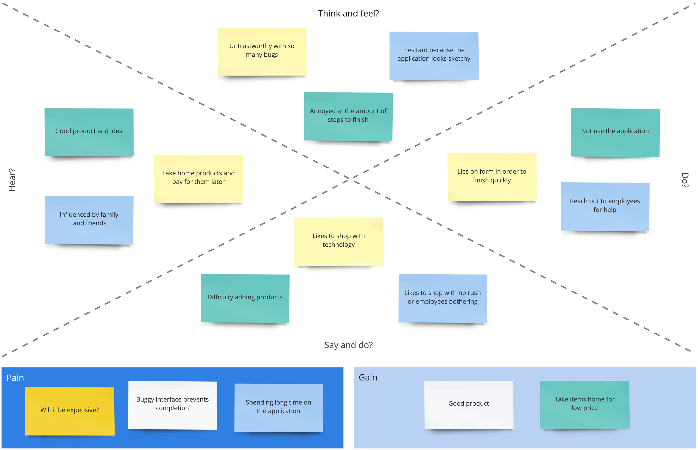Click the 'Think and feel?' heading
point(348,14)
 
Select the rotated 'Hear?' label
point(12,180)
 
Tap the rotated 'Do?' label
point(685,180)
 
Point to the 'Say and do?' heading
point(348,345)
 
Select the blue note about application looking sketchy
point(434,56)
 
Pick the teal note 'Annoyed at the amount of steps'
point(348,116)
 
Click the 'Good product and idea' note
point(89,132)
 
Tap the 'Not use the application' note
point(615,132)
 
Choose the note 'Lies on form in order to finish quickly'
point(492,177)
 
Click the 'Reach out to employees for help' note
point(605,206)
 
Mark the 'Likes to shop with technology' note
point(339,241)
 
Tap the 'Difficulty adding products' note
point(245,298)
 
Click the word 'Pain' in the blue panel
point(15,378)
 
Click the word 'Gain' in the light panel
point(368,378)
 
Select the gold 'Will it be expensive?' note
point(70,411)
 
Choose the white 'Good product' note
point(468,404)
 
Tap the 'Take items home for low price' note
point(584,404)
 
